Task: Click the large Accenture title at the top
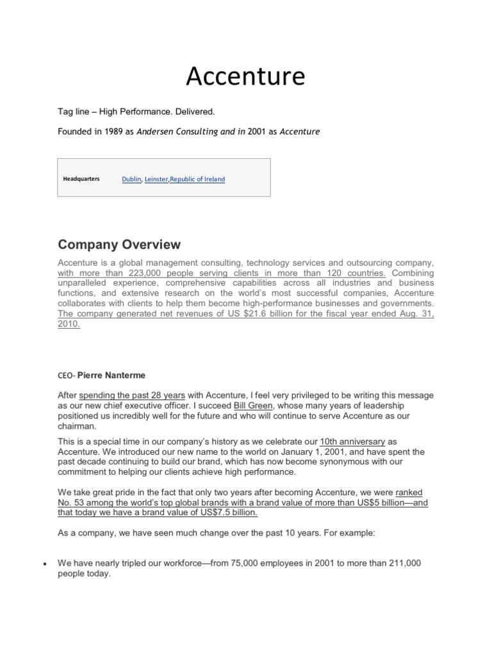(246, 77)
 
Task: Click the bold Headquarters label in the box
(81, 179)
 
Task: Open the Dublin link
(131, 179)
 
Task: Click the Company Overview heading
(119, 245)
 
